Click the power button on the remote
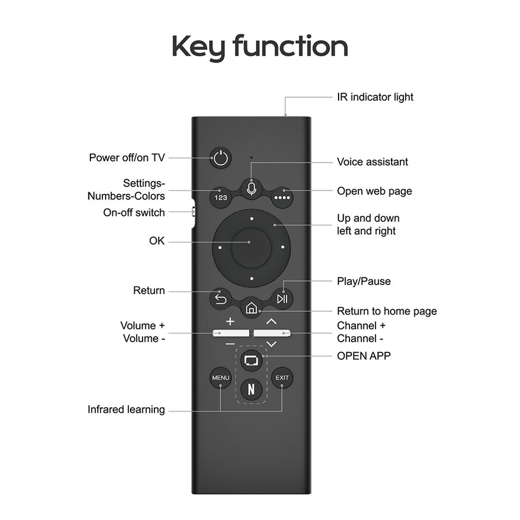coord(220,158)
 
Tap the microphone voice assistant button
coord(251,188)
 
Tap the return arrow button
coord(220,298)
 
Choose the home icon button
coord(251,308)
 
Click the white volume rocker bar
coord(230,333)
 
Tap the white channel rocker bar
coord(272,333)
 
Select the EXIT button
coord(282,378)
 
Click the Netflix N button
coord(251,388)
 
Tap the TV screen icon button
coord(251,359)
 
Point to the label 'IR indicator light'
coord(375,97)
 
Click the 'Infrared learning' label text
coord(126,409)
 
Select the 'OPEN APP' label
coord(363,356)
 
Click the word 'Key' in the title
coord(198,48)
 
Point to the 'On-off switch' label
coord(134,212)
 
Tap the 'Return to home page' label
coord(387,311)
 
